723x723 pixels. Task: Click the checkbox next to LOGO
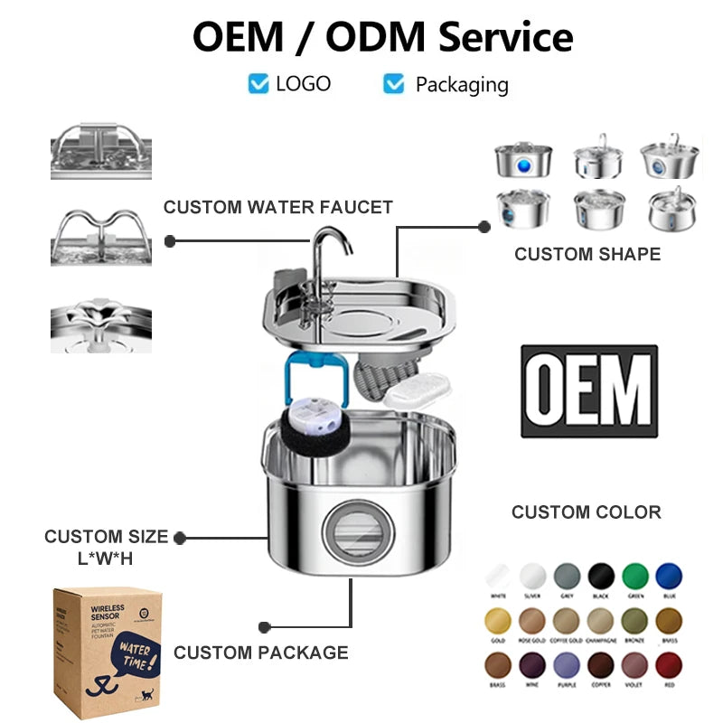tap(258, 84)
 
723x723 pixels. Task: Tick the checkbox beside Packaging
tap(394, 84)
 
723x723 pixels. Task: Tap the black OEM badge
tap(589, 390)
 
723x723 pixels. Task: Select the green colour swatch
tap(635, 575)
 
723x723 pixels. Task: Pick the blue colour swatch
tap(669, 575)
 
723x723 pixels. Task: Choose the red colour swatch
tap(669, 668)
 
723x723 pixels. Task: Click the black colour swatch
tap(601, 575)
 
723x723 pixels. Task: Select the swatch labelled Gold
tap(498, 621)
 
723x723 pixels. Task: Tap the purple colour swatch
tap(567, 668)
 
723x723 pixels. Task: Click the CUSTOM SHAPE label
tap(587, 254)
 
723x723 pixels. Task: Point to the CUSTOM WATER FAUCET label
tap(278, 208)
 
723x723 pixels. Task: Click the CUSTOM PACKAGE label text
tap(261, 652)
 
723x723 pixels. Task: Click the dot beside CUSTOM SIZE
tap(180, 538)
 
